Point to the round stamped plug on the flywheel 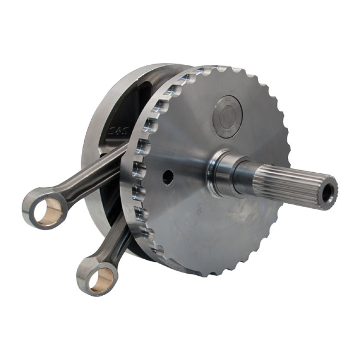227,117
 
